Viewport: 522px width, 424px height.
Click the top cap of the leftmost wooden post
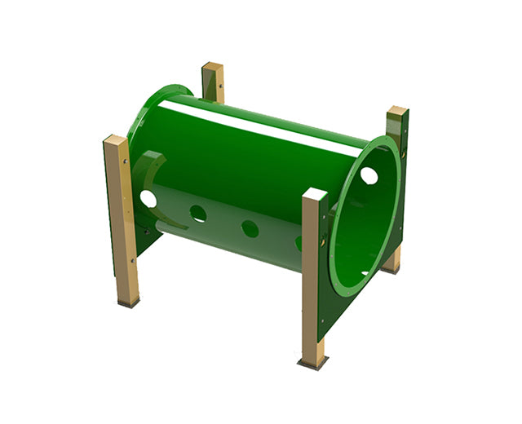(116, 141)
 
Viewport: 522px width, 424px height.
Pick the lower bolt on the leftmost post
(133, 260)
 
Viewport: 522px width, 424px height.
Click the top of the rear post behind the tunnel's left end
(214, 67)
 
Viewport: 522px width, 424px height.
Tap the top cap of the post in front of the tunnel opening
(315, 195)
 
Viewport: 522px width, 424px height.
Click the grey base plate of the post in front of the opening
(312, 362)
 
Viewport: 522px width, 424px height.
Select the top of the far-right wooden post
(397, 111)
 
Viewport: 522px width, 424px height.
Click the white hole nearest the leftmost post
(148, 198)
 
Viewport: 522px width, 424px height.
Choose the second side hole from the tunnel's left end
(198, 214)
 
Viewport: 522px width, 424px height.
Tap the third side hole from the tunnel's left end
(250, 229)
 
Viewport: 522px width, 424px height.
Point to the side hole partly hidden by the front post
(299, 242)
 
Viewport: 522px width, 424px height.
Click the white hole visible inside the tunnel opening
(369, 175)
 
